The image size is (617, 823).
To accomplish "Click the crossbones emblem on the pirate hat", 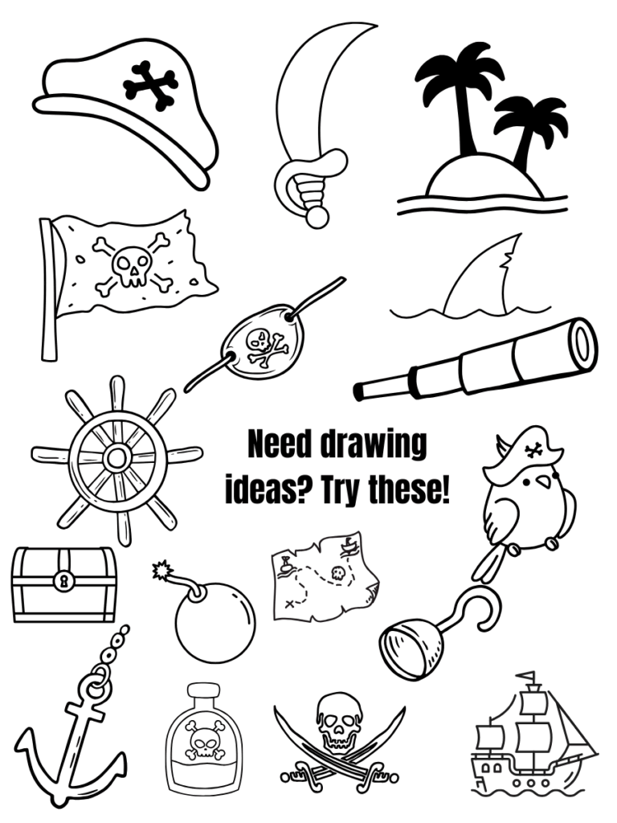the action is (149, 85).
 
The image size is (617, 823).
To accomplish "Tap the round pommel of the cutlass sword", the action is (317, 217).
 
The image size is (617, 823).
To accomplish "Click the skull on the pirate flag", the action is (132, 267).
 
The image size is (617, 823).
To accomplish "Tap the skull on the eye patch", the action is (259, 340).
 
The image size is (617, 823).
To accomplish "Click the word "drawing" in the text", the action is (373, 445).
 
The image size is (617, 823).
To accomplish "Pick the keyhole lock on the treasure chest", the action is (64, 581).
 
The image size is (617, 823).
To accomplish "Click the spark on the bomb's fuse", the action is (162, 570).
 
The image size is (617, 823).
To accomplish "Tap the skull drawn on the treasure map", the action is (337, 572).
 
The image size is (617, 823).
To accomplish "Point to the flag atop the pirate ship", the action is (527, 676).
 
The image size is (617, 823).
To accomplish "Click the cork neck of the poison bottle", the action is (204, 694).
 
